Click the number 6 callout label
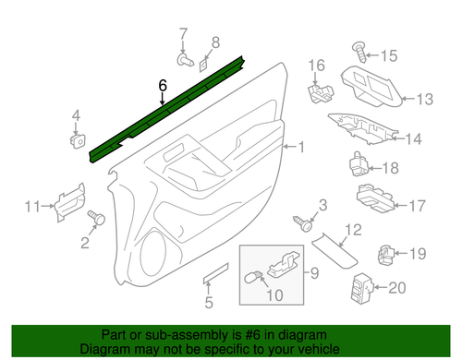(x=163, y=86)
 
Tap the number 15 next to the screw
(x=389, y=55)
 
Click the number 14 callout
(x=413, y=138)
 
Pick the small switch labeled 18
(x=359, y=164)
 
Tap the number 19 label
(x=417, y=253)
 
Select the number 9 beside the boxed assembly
(x=311, y=272)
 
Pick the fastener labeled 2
(x=94, y=217)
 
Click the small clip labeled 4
(x=77, y=138)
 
